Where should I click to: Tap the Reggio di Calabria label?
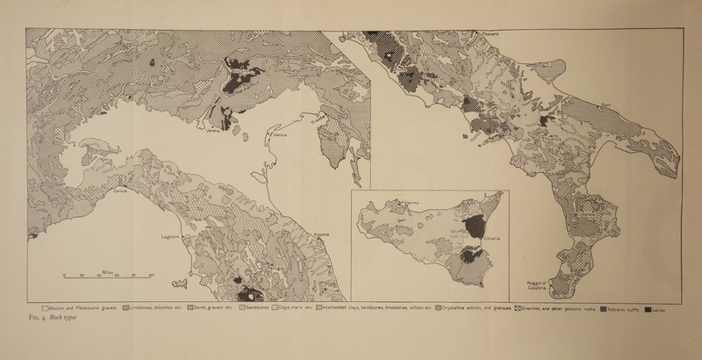click(x=537, y=286)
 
